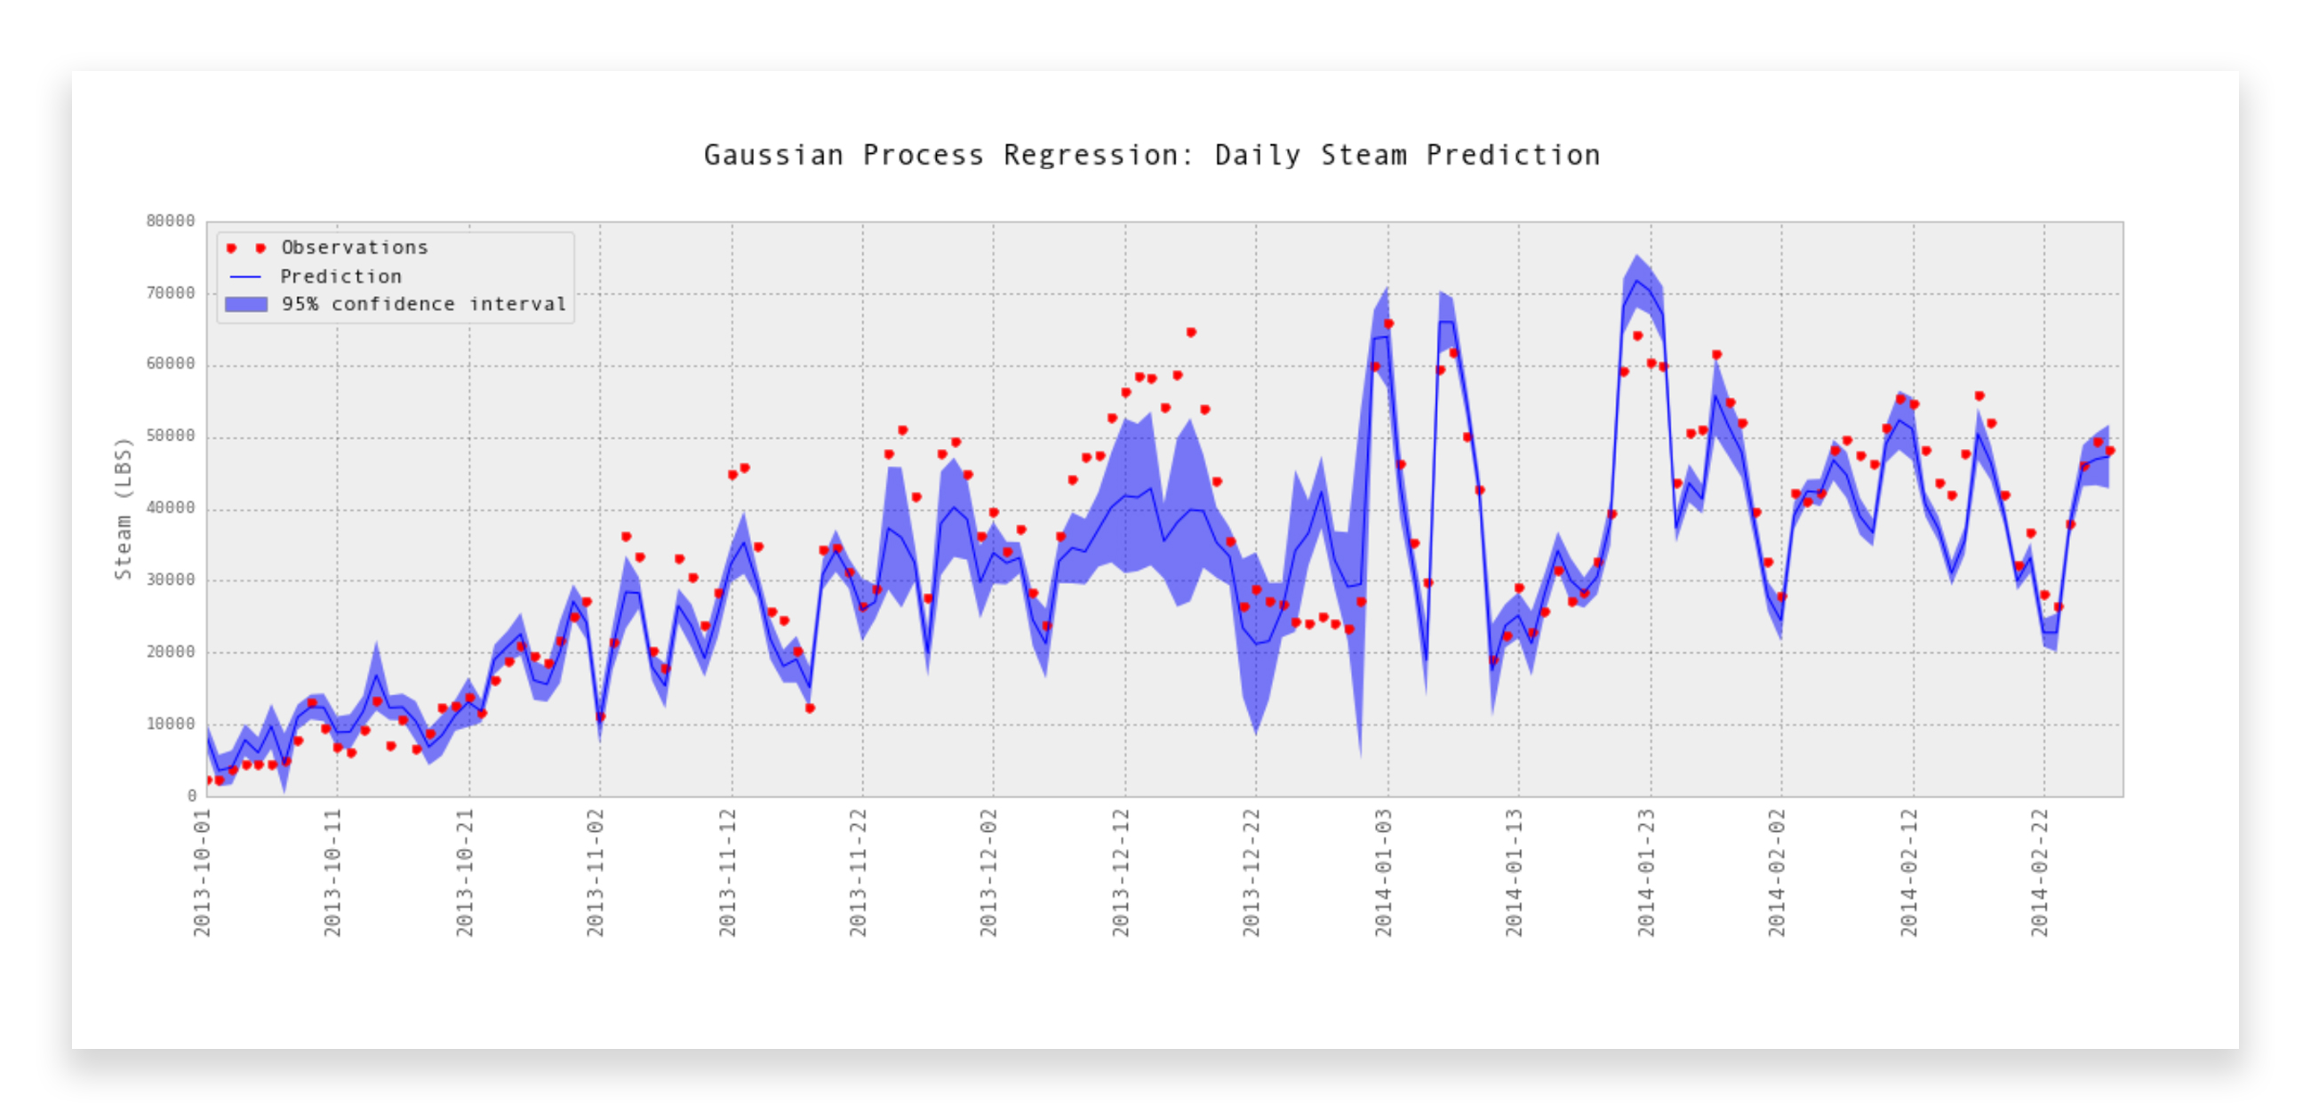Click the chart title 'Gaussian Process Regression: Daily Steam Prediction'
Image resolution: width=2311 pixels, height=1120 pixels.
[x=1152, y=156]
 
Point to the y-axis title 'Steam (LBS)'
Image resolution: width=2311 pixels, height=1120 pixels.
[x=123, y=508]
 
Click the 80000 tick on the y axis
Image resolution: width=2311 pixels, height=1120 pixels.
[x=171, y=220]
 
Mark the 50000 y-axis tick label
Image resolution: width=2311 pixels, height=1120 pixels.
[x=171, y=436]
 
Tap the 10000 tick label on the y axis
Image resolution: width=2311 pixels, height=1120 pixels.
[x=171, y=724]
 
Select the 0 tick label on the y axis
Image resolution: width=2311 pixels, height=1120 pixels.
[x=191, y=796]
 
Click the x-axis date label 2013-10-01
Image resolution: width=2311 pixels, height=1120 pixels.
[x=202, y=872]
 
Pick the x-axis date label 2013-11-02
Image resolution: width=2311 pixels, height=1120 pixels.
[x=595, y=872]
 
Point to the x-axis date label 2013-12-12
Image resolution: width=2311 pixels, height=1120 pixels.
[x=1121, y=872]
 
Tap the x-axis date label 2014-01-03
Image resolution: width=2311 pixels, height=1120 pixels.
[x=1383, y=872]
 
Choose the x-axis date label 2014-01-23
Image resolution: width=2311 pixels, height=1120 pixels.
[x=1646, y=872]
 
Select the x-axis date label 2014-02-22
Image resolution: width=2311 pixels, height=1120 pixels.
[x=2040, y=872]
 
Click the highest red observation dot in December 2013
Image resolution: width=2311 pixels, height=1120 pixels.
[x=1191, y=332]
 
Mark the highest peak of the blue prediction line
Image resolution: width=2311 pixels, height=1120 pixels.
[x=1637, y=281]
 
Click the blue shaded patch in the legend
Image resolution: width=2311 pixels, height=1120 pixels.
[x=246, y=304]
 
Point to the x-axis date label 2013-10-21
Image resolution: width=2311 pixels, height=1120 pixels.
[x=465, y=872]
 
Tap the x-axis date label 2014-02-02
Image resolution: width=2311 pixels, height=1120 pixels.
[x=1777, y=872]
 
